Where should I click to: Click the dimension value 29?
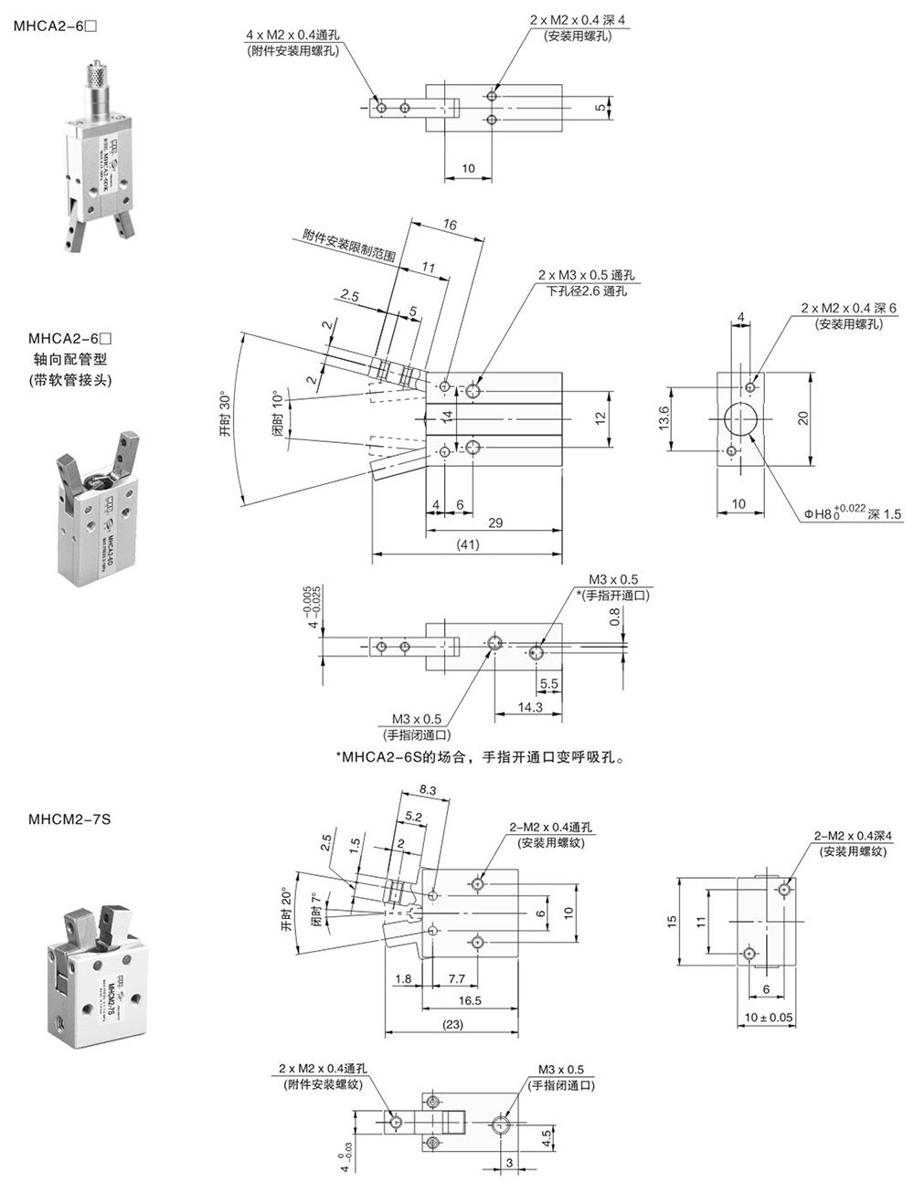coord(494,523)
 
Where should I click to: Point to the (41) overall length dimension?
coord(466,544)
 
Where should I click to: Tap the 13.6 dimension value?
coord(664,417)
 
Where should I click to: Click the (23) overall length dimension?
coord(453,1024)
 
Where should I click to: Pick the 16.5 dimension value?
coord(471,1001)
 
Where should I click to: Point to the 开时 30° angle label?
coord(225,417)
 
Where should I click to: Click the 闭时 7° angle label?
coord(316,910)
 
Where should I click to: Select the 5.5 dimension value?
coord(549,682)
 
